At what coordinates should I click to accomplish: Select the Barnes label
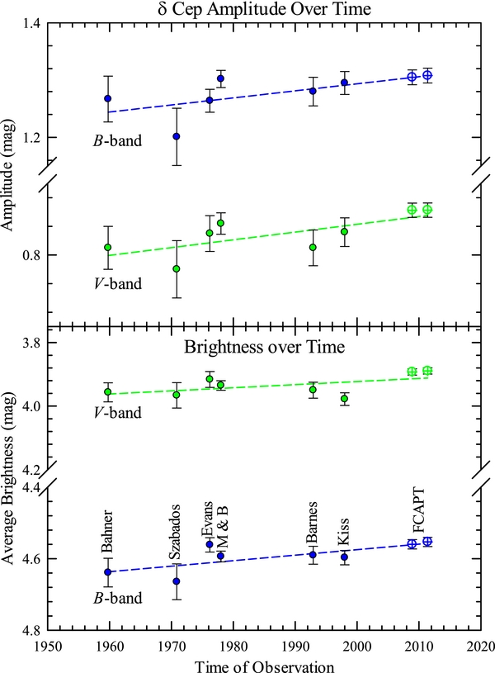[x=313, y=523]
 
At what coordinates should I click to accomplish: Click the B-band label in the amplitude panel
[x=117, y=140]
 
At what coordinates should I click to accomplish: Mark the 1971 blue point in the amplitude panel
[x=177, y=136]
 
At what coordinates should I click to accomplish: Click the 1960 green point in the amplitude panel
[x=107, y=247]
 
